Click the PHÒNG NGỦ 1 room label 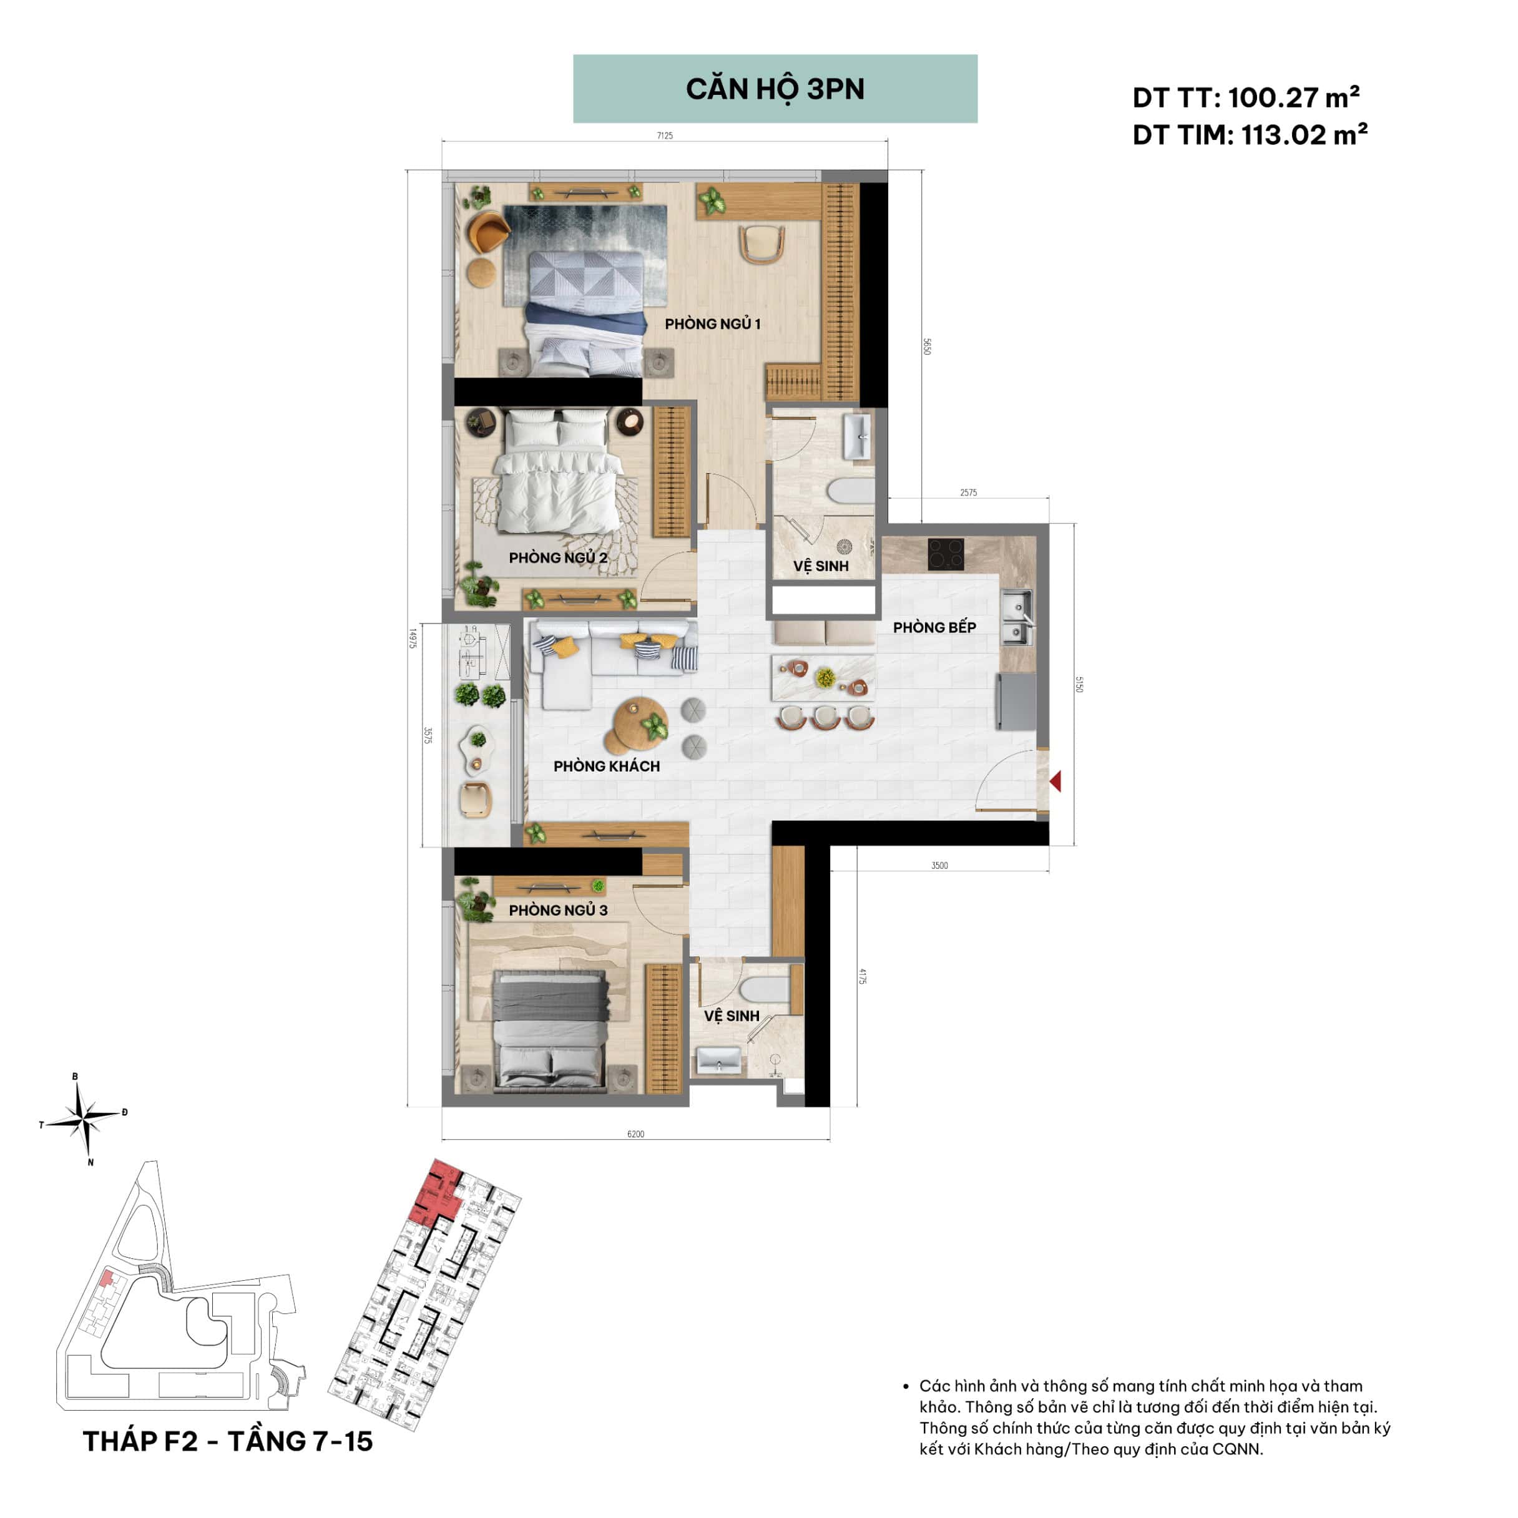[x=713, y=324]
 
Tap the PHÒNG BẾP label [x=934, y=627]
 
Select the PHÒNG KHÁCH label [x=607, y=766]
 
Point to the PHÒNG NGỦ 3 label [x=558, y=910]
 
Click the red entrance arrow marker [x=1055, y=781]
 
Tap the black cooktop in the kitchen [x=948, y=554]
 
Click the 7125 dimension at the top [x=665, y=136]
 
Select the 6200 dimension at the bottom [x=635, y=1134]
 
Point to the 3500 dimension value [x=940, y=865]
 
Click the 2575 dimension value [x=968, y=492]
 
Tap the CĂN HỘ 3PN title [x=775, y=89]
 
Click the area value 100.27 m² [x=1293, y=97]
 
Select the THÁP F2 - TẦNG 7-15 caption [x=228, y=1441]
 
